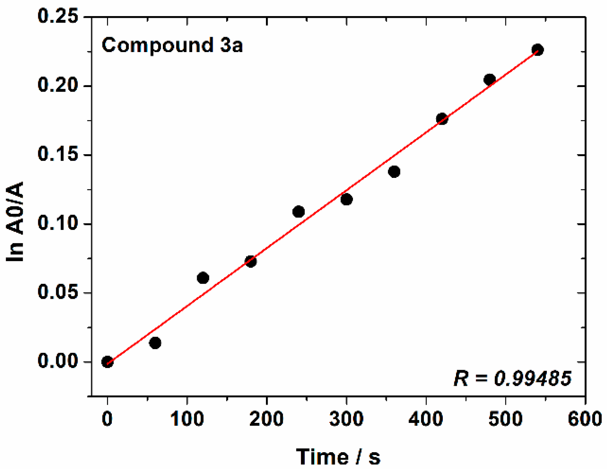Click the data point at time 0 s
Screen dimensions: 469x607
(107, 362)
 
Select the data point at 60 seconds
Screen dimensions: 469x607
(155, 343)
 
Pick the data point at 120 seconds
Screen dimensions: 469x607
(203, 278)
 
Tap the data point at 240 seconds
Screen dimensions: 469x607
(298, 211)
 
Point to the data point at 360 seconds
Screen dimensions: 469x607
(394, 172)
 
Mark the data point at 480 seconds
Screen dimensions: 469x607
(490, 80)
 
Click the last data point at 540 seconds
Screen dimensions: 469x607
(537, 50)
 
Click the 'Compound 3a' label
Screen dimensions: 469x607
(172, 45)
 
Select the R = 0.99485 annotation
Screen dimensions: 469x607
(512, 378)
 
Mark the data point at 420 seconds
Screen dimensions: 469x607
(442, 119)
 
